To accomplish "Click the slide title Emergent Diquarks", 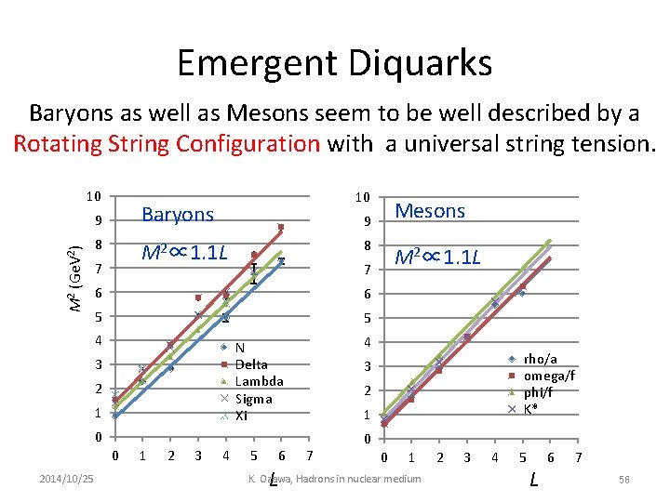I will tap(334, 63).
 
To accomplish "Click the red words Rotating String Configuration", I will tap(167, 143).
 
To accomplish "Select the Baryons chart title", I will tap(178, 215).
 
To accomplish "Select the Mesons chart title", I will tap(430, 211).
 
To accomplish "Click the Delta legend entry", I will tap(251, 364).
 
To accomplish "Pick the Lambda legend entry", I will tap(258, 381).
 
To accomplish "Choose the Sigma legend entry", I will tap(253, 399).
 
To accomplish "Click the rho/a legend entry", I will tap(541, 359).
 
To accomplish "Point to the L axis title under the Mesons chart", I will tap(533, 480).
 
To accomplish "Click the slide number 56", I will tap(624, 478).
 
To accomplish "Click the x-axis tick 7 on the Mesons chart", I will tap(579, 457).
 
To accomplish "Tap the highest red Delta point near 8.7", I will tap(280, 227).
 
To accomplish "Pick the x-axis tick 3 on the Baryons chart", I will tap(198, 456).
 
